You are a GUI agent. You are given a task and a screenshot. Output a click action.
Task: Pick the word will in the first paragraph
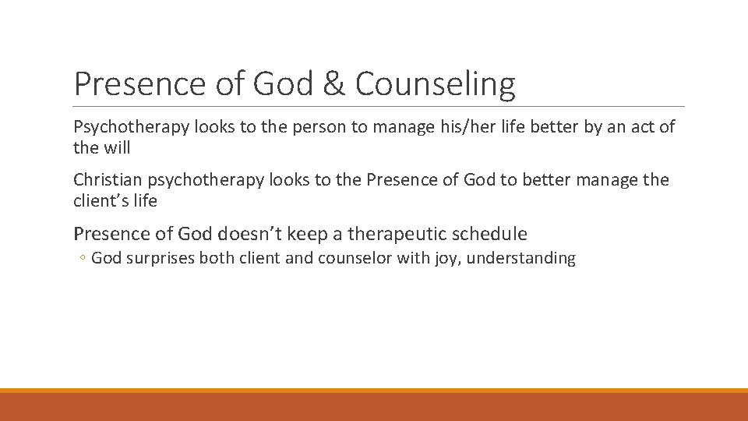pyautogui.click(x=117, y=147)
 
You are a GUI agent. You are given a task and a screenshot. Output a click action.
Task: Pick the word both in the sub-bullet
pyautogui.click(x=215, y=259)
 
